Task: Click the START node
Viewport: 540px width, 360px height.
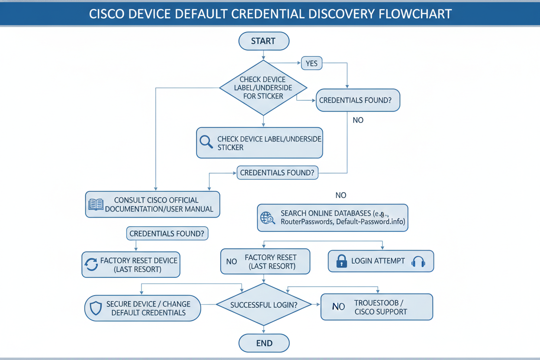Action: pyautogui.click(x=264, y=41)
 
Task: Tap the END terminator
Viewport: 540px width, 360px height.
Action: pyautogui.click(x=264, y=344)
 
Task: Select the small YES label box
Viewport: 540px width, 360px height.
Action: pyautogui.click(x=312, y=63)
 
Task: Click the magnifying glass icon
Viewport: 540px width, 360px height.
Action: pyautogui.click(x=206, y=142)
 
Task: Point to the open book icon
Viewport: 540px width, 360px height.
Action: pyautogui.click(x=96, y=204)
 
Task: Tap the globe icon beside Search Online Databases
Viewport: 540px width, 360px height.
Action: pyautogui.click(x=267, y=217)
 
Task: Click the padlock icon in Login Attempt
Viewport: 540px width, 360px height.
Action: pyautogui.click(x=342, y=261)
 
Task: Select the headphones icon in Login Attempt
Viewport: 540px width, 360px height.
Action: pyautogui.click(x=418, y=261)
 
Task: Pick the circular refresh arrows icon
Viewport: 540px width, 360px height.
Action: pyautogui.click(x=91, y=264)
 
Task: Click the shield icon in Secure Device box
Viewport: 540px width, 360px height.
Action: pyautogui.click(x=95, y=308)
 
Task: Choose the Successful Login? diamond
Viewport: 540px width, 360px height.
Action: pyautogui.click(x=264, y=305)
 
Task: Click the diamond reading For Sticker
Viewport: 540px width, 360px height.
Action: pyautogui.click(x=263, y=88)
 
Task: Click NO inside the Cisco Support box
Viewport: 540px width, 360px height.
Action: pyautogui.click(x=338, y=307)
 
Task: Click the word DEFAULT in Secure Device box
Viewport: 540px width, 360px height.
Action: pyautogui.click(x=127, y=313)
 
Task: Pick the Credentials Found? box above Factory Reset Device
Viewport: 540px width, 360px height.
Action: pyautogui.click(x=167, y=234)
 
